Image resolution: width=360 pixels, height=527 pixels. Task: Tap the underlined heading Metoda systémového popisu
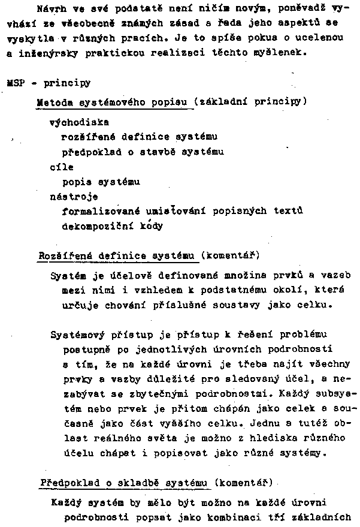pyautogui.click(x=114, y=101)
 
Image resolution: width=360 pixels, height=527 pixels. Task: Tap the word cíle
pyautogui.click(x=61, y=167)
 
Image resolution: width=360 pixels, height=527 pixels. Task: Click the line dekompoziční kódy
pyautogui.click(x=112, y=226)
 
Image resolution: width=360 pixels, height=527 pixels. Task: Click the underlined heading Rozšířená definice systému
pyautogui.click(x=117, y=256)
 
